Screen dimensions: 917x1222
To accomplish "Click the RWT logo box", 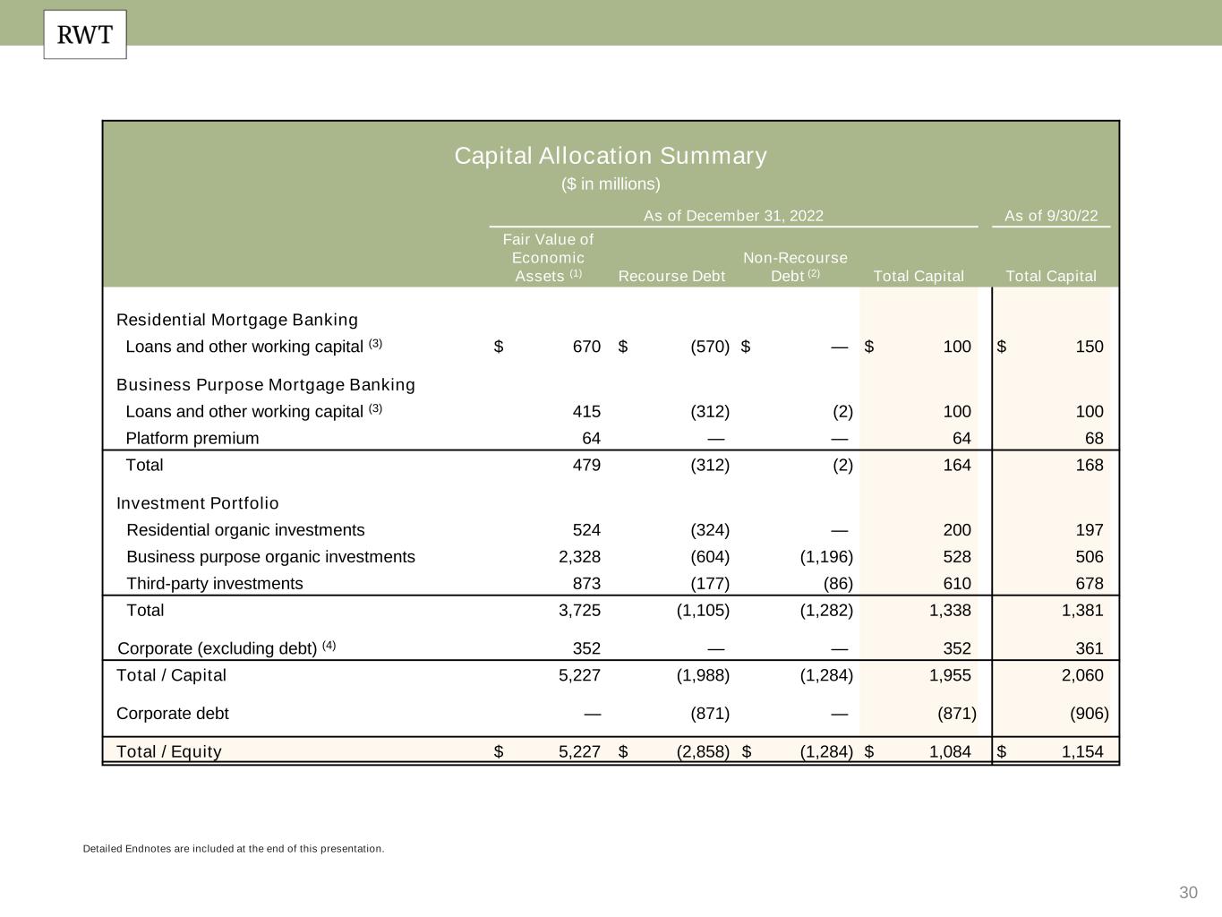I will pyautogui.click(x=85, y=35).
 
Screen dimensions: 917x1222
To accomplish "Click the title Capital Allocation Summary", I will pyautogui.click(x=611, y=156).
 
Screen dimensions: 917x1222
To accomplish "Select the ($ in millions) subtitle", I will pyautogui.click(x=611, y=184).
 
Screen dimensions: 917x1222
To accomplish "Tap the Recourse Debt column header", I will pyautogui.click(x=671, y=276).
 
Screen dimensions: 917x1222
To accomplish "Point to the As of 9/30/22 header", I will pyautogui.click(x=1051, y=216).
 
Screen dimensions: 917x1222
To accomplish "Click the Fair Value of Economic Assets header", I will pyautogui.click(x=548, y=258).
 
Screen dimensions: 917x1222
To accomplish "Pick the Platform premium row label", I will pyautogui.click(x=192, y=438).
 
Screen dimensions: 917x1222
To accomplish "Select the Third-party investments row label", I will pyautogui.click(x=215, y=583).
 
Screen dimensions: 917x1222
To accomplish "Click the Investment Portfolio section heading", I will pyautogui.click(x=198, y=503).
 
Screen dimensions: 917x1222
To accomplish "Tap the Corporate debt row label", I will pyautogui.click(x=173, y=714).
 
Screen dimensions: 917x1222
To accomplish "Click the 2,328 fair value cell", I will pyautogui.click(x=579, y=556).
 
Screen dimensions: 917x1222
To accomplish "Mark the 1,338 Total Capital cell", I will pyautogui.click(x=950, y=610).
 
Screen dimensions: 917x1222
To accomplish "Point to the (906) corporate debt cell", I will pyautogui.click(x=1089, y=714).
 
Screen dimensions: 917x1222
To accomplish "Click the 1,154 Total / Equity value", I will pyautogui.click(x=1082, y=751).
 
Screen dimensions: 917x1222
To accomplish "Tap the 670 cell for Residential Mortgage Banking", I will pyautogui.click(x=586, y=347).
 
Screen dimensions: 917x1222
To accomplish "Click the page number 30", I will pyautogui.click(x=1188, y=892).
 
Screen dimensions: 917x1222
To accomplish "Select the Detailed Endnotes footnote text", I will pyautogui.click(x=234, y=848).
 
